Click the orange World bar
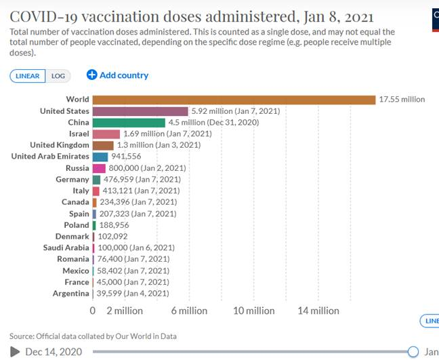(234, 100)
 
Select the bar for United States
(140, 111)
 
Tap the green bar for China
(129, 123)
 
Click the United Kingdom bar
(103, 145)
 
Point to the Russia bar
(99, 168)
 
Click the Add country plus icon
(92, 75)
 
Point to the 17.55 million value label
(402, 100)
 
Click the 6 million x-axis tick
(189, 311)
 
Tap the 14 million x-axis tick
(318, 311)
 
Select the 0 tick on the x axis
(93, 311)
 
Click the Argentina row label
(71, 294)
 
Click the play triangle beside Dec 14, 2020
(15, 351)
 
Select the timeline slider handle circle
(413, 351)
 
